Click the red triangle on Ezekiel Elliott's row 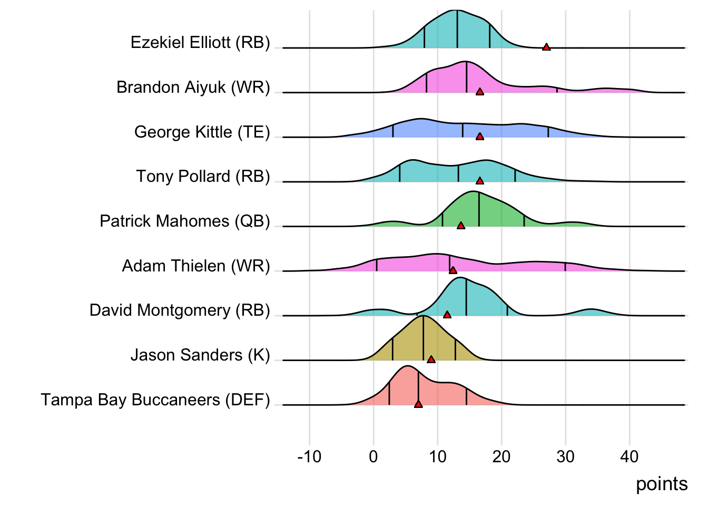point(546,47)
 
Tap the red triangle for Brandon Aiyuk point(479,92)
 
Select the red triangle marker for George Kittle point(479,137)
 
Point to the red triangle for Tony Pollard point(479,181)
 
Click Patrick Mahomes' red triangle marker point(461,226)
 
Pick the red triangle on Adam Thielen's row point(453,270)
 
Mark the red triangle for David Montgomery point(447,315)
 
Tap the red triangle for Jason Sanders point(431,359)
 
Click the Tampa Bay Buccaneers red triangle point(418,404)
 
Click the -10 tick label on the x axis point(309,456)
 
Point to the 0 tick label point(373,456)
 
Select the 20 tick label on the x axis point(501,456)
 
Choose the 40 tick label point(630,456)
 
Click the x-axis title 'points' point(662,484)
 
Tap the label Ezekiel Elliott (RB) point(200,42)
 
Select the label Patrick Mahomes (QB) point(185,221)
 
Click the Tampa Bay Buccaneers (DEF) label point(155,400)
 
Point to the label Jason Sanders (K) point(200,355)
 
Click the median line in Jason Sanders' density point(423,340)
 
